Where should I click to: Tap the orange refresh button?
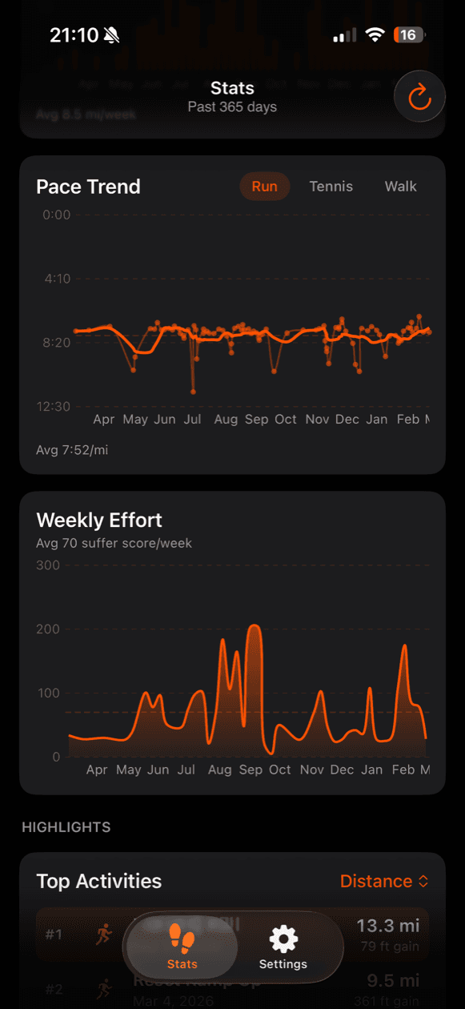[419, 98]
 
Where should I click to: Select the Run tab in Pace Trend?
[264, 187]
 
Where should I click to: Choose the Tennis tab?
[331, 187]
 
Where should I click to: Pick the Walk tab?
[400, 187]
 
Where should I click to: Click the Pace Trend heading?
[88, 187]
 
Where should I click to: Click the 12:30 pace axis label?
[53, 407]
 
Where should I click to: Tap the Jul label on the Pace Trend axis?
[192, 420]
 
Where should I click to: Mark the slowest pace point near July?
[193, 392]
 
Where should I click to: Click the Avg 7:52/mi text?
[72, 450]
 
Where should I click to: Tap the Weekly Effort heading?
[99, 520]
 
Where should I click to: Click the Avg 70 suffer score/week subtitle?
[114, 543]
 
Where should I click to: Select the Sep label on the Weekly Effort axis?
[251, 770]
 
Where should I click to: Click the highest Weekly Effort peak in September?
[255, 626]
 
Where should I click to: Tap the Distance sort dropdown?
[384, 881]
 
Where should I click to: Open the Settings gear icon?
[283, 939]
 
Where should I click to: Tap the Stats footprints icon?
[182, 939]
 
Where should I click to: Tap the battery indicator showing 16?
[409, 35]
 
